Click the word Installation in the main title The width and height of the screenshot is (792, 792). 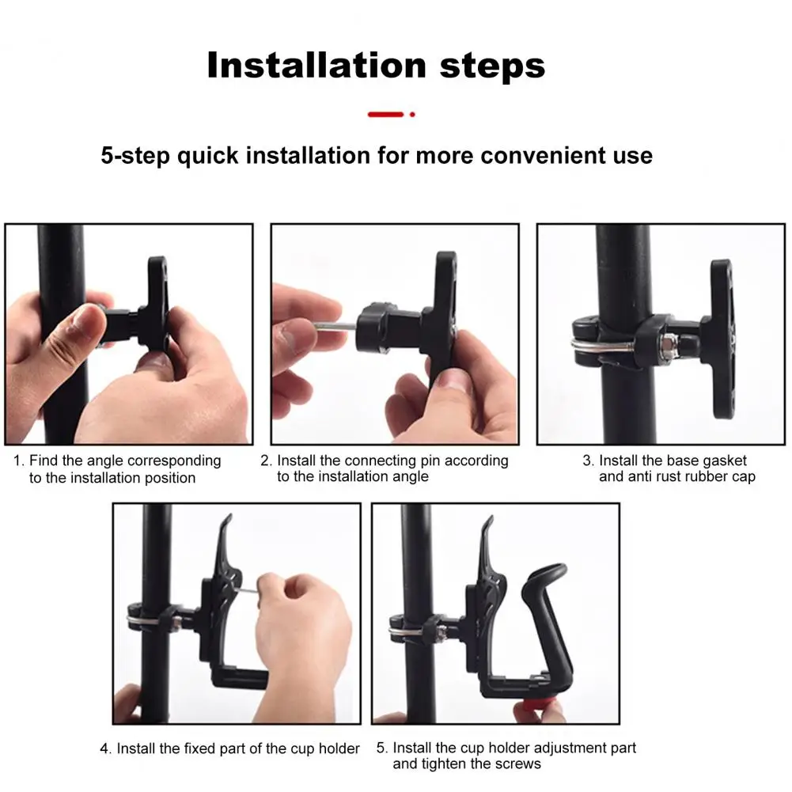316,65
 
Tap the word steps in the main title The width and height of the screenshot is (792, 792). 492,66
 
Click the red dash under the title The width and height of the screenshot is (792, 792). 385,115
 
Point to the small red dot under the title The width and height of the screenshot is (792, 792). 412,115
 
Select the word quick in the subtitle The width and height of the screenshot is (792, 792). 207,156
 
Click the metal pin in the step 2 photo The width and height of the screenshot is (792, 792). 335,327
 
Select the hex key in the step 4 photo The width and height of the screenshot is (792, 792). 247,593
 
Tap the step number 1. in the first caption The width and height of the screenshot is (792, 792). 19,460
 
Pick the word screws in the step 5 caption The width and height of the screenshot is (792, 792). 518,764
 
